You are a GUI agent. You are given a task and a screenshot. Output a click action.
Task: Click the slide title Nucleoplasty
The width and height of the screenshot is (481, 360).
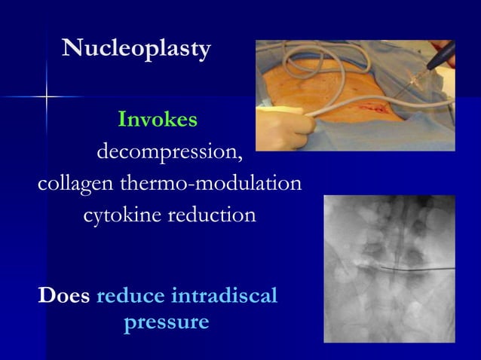(x=136, y=50)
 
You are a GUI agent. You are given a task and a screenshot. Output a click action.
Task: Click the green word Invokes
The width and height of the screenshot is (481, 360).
(x=158, y=120)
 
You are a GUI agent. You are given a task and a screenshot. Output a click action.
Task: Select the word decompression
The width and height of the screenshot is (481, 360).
(x=167, y=152)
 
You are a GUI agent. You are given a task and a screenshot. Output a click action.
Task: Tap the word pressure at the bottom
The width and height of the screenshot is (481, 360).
(x=166, y=322)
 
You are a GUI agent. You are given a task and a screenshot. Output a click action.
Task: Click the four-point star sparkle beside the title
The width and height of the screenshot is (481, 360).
(x=46, y=96)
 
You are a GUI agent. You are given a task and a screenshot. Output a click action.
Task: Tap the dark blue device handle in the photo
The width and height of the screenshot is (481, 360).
(x=440, y=53)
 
